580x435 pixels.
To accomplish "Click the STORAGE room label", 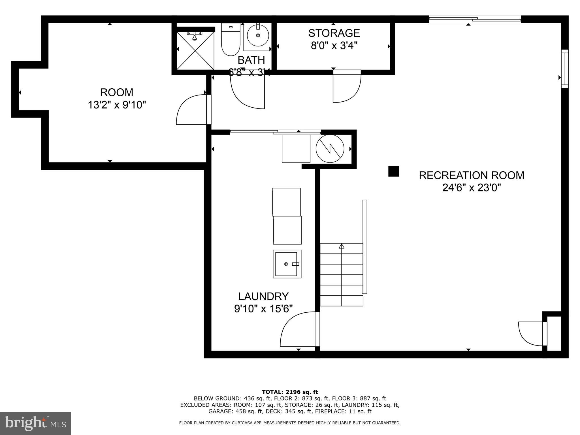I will pos(334,33).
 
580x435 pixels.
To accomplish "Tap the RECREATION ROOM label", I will pos(472,175).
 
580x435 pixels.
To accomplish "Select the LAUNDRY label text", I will pos(263,296).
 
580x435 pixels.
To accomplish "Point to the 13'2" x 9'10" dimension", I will pos(117,105).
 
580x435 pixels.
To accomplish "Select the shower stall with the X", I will pos(195,51).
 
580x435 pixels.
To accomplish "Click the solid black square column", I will pos(393,171).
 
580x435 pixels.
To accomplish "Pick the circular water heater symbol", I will pos(330,148).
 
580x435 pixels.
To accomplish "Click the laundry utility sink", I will pos(287,264).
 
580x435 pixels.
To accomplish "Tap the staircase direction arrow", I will pos(342,246).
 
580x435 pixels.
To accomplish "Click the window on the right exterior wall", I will pos(565,69).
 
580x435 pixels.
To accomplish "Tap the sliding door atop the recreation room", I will pos(475,19).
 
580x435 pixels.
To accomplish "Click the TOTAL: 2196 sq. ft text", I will pos(290,392).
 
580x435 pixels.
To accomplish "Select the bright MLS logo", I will pos(35,423).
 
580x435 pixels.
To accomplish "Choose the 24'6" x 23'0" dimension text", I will pos(472,188).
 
